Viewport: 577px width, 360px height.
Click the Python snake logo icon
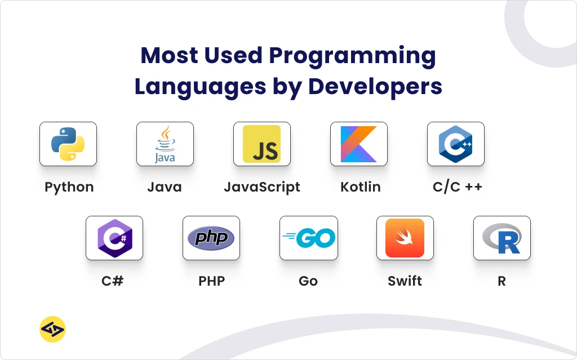[x=68, y=144]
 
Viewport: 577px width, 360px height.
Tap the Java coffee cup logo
[x=165, y=144]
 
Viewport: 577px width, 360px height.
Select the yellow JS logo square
[x=261, y=144]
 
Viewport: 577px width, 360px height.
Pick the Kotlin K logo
[x=359, y=144]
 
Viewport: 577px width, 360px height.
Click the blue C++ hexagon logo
[x=455, y=144]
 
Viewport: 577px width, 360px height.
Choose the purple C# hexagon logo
[x=115, y=238]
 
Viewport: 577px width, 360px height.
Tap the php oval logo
[x=211, y=238]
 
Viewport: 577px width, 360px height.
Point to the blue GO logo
[x=309, y=238]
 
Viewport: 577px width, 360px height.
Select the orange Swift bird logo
[x=405, y=238]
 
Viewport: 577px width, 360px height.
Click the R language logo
[x=502, y=238]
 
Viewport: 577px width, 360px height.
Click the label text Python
[x=69, y=188]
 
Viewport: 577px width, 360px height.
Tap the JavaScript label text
[x=262, y=188]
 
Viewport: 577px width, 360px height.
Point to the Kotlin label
[x=360, y=187]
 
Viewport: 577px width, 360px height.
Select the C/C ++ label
[x=458, y=187]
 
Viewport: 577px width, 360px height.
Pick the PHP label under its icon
[x=212, y=281]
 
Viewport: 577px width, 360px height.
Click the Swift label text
[x=405, y=281]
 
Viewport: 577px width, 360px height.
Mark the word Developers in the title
[x=375, y=87]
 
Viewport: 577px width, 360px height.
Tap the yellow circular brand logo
[x=52, y=329]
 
